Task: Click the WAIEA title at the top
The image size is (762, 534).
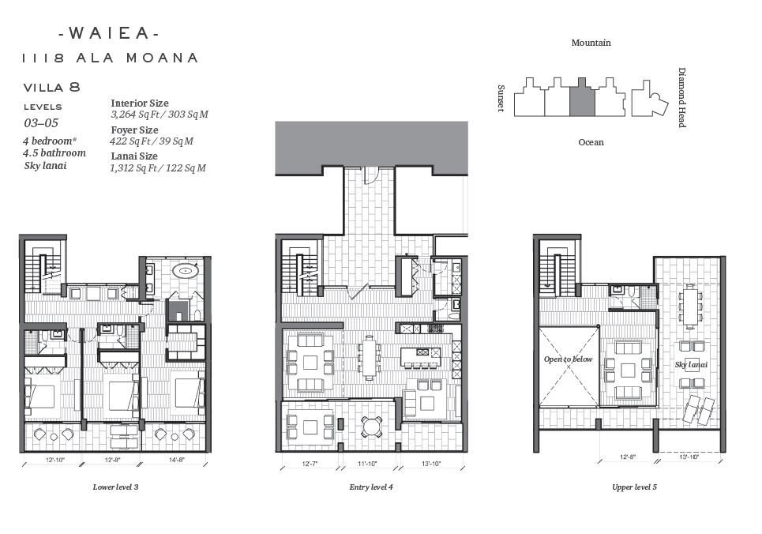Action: [109, 33]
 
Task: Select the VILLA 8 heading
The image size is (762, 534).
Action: [52, 88]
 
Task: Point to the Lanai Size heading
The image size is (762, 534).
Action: [134, 156]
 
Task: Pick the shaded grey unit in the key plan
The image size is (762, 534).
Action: [582, 97]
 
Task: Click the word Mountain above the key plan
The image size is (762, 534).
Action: [591, 43]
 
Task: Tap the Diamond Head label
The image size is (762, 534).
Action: [681, 98]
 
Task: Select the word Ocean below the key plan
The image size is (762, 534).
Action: [591, 142]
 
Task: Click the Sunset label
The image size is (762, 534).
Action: [501, 98]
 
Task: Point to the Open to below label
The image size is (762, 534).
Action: [568, 359]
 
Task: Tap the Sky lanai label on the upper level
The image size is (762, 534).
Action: [691, 365]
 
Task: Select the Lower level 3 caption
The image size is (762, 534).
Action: [115, 487]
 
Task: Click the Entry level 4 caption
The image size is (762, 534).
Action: [371, 487]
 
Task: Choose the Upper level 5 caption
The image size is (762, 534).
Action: [634, 487]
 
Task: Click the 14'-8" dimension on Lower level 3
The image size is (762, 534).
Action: [176, 460]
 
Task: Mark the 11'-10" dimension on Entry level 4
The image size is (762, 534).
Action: [367, 464]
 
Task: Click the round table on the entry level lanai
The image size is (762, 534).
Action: [372, 427]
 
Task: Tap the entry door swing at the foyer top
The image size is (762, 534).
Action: [372, 175]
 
